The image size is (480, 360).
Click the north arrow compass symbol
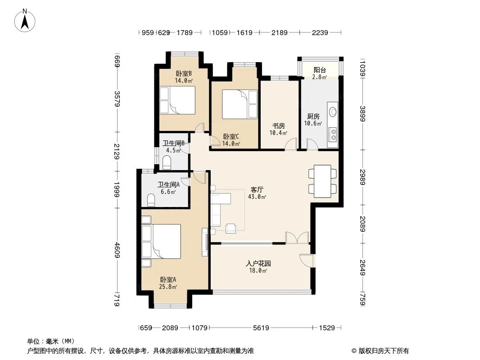click(x=25, y=20)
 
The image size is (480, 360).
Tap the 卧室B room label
click(x=184, y=73)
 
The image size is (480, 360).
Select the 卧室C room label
click(x=231, y=137)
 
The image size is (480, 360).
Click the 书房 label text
click(x=278, y=126)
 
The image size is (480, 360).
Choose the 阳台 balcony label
click(x=320, y=70)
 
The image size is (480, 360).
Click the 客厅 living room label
click(x=257, y=190)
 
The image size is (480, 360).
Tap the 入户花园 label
click(x=258, y=264)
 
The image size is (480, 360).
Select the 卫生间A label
click(x=168, y=184)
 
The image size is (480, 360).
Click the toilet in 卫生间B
click(x=166, y=162)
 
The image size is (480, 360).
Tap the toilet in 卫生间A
click(x=151, y=199)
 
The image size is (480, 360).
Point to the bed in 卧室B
click(x=177, y=99)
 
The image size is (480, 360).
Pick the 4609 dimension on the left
click(x=117, y=250)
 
